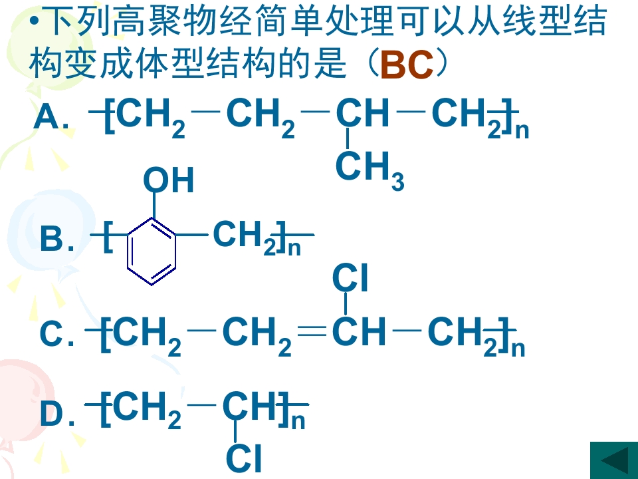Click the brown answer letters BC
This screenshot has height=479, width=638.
click(407, 65)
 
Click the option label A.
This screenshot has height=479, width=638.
click(51, 117)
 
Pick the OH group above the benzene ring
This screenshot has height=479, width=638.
click(168, 180)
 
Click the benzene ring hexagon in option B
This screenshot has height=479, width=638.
click(152, 251)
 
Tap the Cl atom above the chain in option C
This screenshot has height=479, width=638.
click(350, 278)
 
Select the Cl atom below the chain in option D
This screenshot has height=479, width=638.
click(244, 458)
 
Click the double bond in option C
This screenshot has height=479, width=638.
click(312, 331)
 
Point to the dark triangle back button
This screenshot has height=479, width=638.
click(614, 460)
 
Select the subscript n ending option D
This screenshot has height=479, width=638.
click(298, 422)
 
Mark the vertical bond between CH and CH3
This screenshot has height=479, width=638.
click(347, 138)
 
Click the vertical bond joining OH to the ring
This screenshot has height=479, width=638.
click(154, 206)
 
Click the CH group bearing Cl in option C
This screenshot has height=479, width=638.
click(358, 331)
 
